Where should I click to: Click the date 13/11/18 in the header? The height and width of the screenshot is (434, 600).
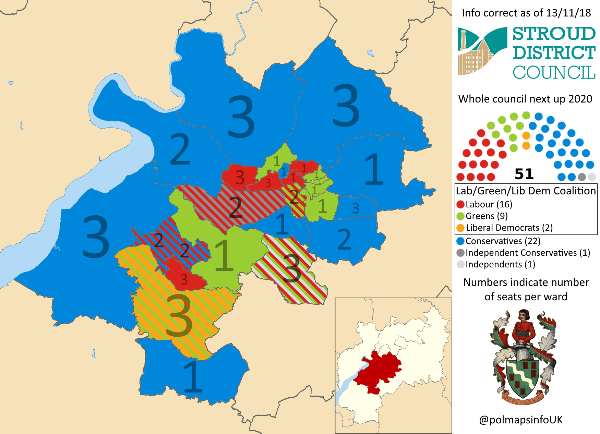pyautogui.click(x=568, y=13)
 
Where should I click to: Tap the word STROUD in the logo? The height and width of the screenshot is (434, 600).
pyautogui.click(x=554, y=34)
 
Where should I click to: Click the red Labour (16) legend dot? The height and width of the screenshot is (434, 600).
pyautogui.click(x=460, y=205)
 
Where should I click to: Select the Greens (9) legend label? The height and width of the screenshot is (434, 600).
pyautogui.click(x=487, y=216)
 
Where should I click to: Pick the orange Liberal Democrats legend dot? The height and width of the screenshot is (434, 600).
pyautogui.click(x=460, y=228)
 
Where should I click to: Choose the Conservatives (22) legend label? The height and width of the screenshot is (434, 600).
pyautogui.click(x=503, y=241)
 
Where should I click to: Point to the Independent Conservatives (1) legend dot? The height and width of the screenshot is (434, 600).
pyautogui.click(x=460, y=253)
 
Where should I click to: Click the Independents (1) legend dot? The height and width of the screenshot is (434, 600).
pyautogui.click(x=460, y=265)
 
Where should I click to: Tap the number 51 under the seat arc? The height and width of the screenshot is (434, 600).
pyautogui.click(x=524, y=174)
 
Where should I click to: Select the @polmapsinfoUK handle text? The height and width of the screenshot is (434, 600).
pyautogui.click(x=521, y=420)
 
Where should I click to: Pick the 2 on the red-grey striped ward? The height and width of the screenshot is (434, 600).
pyautogui.click(x=235, y=207)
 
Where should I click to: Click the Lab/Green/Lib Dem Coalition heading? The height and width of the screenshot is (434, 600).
pyautogui.click(x=526, y=191)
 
